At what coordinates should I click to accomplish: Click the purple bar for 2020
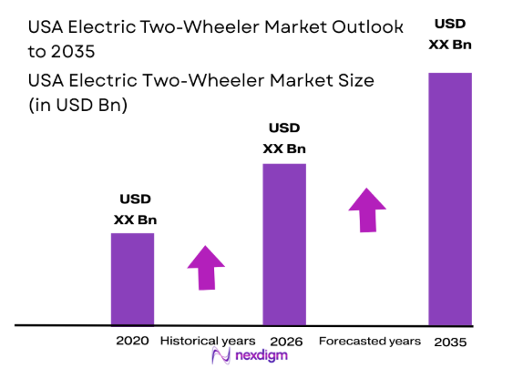[x=132, y=278]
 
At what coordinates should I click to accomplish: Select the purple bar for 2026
[x=284, y=243]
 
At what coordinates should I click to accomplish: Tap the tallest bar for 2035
[x=450, y=198]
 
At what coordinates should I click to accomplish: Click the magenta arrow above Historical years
[x=206, y=267]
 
